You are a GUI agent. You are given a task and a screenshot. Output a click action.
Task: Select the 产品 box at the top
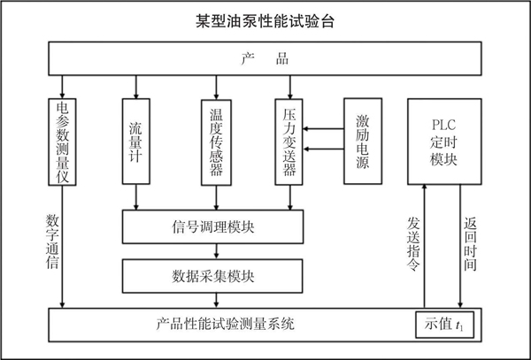pyautogui.click(x=265, y=60)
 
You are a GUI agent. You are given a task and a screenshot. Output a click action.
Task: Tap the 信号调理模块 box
pyautogui.click(x=212, y=226)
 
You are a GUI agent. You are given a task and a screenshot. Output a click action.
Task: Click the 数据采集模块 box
pyautogui.click(x=212, y=276)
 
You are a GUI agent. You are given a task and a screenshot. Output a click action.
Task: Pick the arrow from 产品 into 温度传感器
pyautogui.click(x=217, y=87)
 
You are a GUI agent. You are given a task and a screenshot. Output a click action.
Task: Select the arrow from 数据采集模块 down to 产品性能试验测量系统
pyautogui.click(x=212, y=301)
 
